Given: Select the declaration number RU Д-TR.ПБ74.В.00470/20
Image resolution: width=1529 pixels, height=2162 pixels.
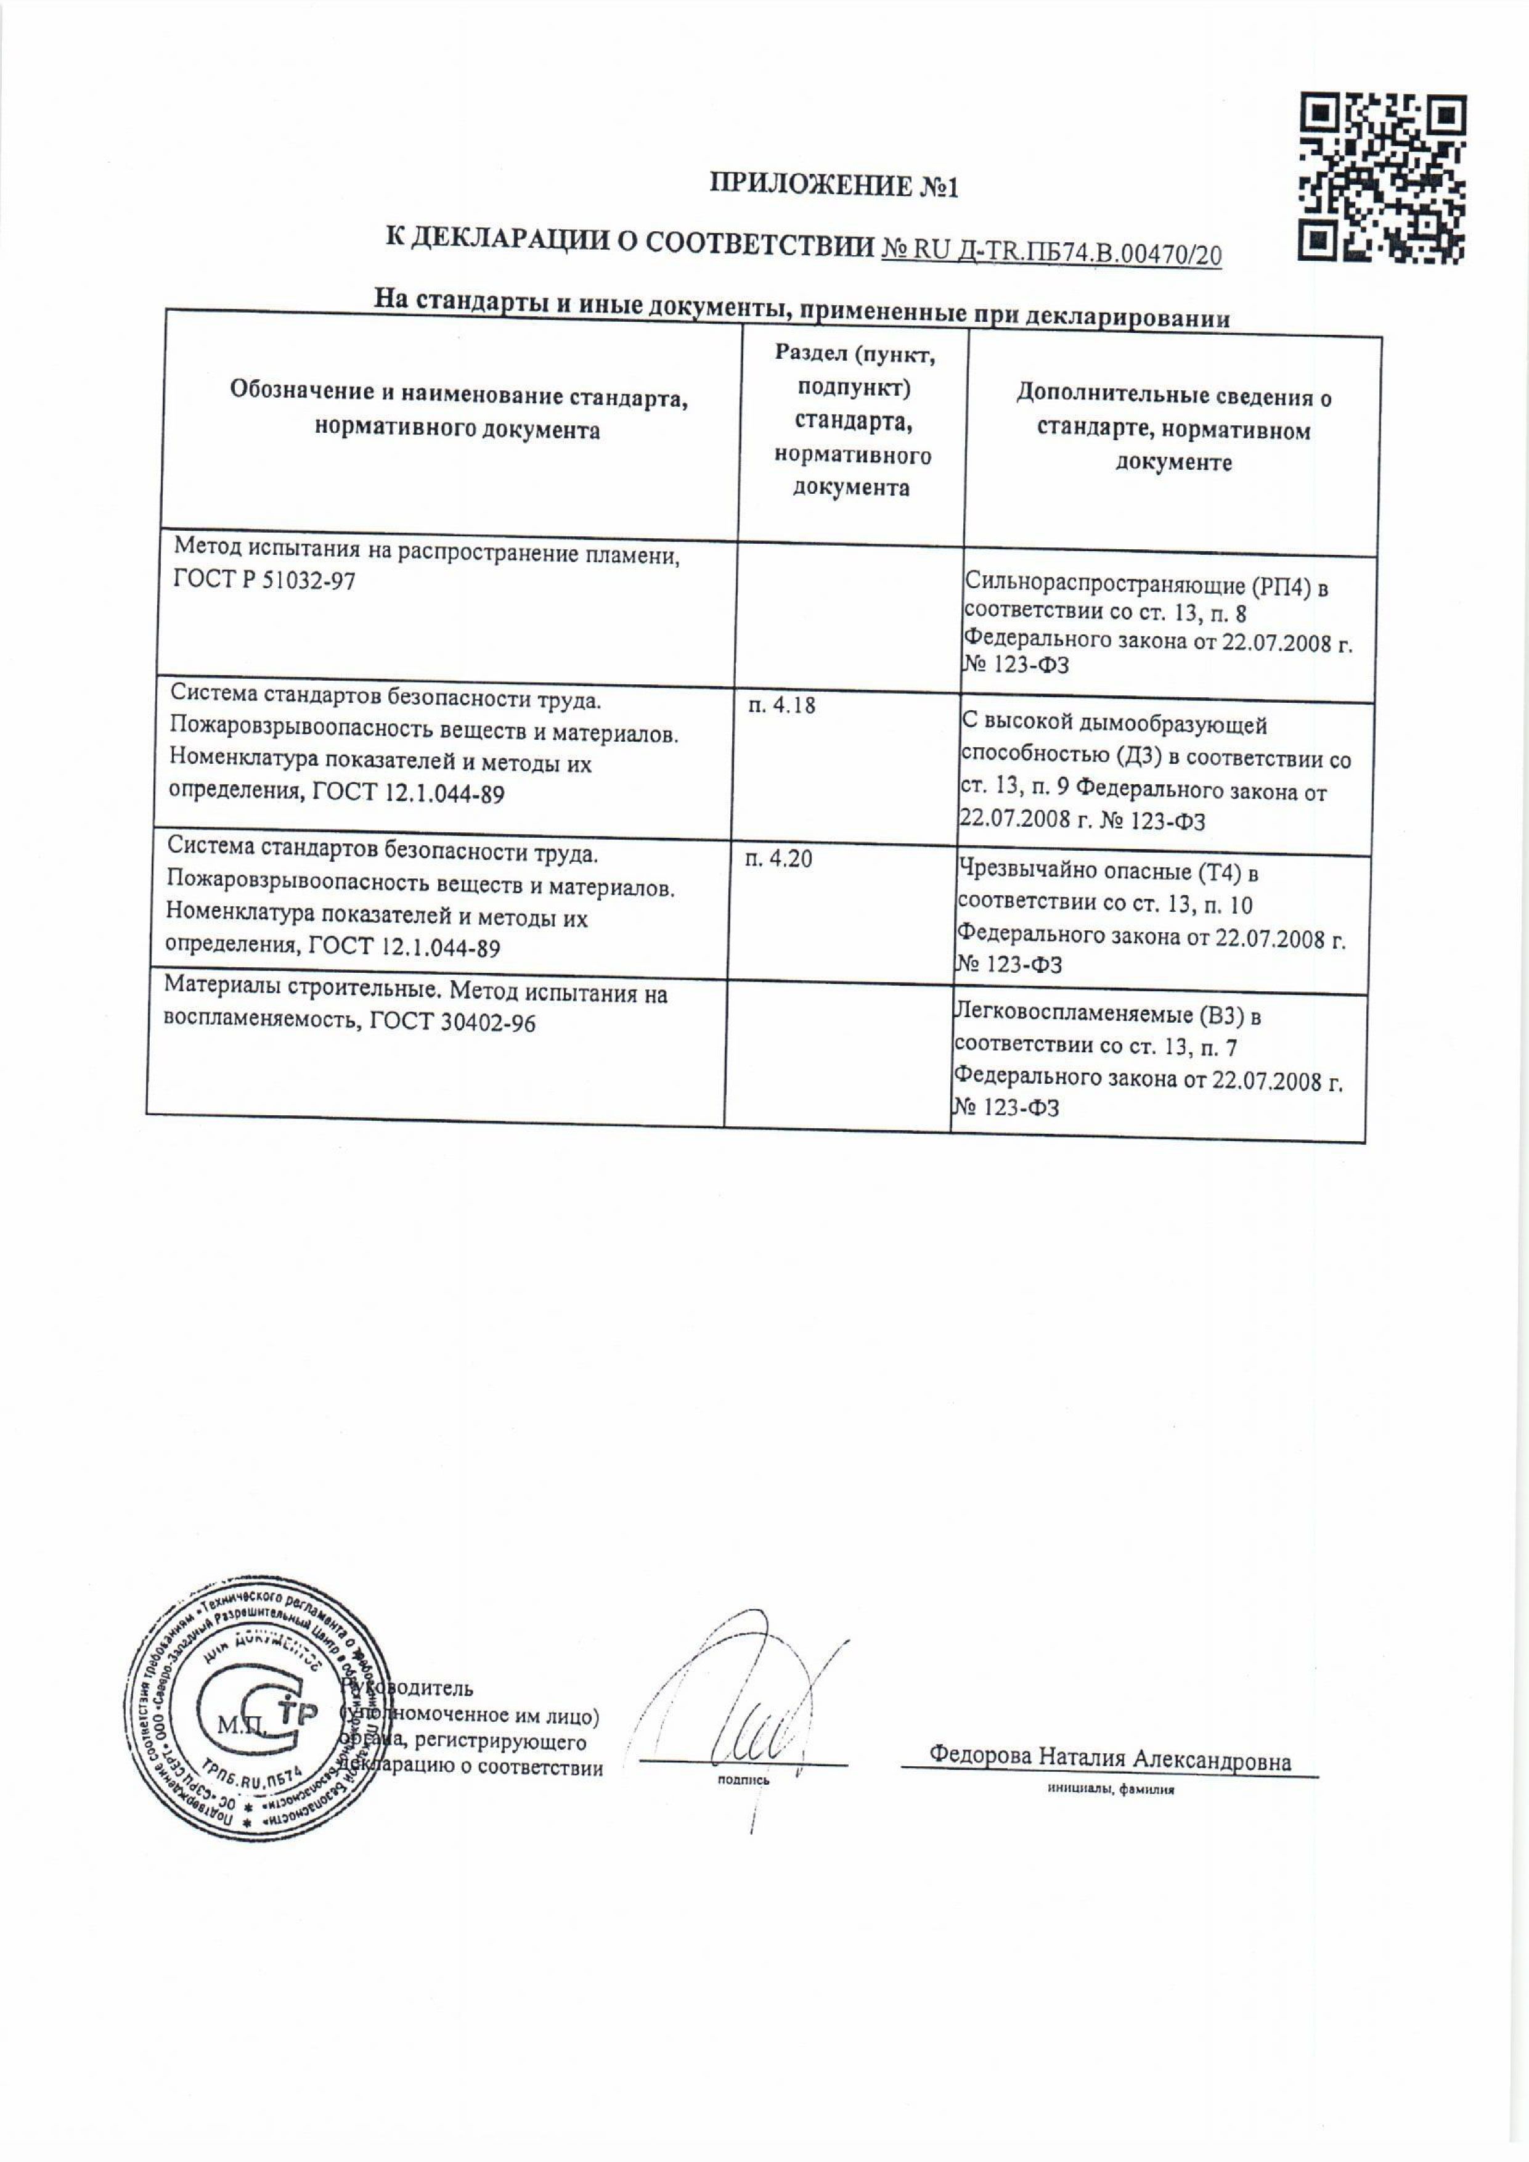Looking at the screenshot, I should (1051, 253).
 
